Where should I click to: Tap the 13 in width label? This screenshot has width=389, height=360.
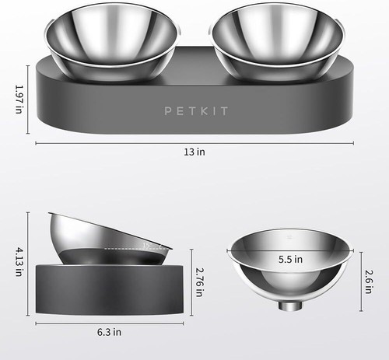(x=197, y=153)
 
